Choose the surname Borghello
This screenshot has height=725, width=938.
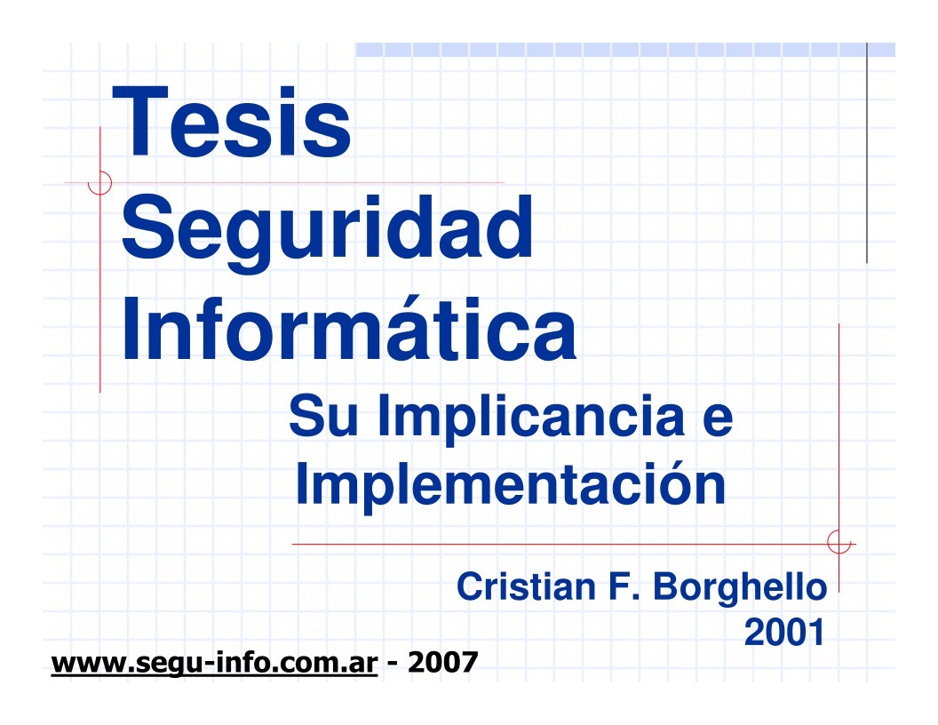pyautogui.click(x=740, y=589)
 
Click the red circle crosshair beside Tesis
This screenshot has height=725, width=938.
pyautogui.click(x=99, y=183)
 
